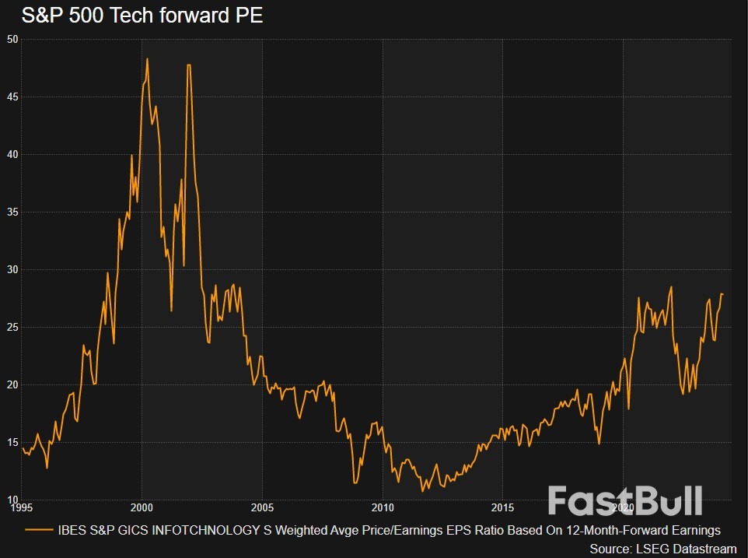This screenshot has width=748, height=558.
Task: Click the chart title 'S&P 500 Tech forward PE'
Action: tap(133, 15)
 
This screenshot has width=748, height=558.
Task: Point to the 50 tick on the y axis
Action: tap(12, 39)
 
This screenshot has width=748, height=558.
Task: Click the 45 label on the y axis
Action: tap(12, 97)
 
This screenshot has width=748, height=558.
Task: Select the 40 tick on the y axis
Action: tap(12, 154)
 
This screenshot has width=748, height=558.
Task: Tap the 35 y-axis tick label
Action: tap(12, 212)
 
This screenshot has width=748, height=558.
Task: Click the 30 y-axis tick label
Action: tap(12, 269)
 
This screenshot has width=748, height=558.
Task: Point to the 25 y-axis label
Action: tap(12, 327)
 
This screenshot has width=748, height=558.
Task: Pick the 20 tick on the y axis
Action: tap(12, 384)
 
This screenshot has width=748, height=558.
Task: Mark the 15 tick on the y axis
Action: tap(12, 442)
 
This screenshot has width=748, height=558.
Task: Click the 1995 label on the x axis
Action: tap(21, 508)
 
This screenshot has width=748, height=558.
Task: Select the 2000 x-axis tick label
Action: tap(142, 508)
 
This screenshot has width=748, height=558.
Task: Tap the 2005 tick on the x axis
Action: tap(262, 508)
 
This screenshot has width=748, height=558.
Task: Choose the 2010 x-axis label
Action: tap(382, 508)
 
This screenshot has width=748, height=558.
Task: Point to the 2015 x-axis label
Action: tap(502, 508)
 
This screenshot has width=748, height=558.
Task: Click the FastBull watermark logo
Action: tap(625, 500)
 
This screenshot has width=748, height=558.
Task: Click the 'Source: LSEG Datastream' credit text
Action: tap(662, 549)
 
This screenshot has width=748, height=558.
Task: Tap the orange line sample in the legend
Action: tap(40, 531)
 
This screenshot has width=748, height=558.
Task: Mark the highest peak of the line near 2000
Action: tap(147, 58)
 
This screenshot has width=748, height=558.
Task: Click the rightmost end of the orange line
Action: tap(722, 294)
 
